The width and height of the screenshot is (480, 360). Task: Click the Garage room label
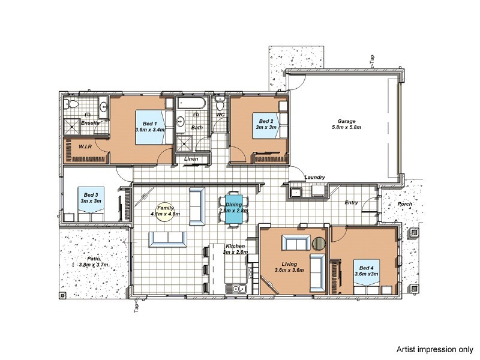346,121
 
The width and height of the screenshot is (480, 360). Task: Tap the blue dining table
234,209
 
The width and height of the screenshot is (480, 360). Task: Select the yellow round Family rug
166,212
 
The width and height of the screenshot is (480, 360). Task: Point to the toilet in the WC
219,103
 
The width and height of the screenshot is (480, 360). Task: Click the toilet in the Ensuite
71,104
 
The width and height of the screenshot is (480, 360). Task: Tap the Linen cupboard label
191,159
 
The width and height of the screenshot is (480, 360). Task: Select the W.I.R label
85,146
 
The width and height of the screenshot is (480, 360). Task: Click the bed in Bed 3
91,204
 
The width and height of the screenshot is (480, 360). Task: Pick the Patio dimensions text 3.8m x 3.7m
94,265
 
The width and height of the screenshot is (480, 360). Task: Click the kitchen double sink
236,289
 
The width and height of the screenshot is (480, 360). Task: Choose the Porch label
404,204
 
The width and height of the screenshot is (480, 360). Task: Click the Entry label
351,202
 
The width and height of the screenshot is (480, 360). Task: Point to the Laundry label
314,177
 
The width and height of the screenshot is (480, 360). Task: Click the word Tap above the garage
372,58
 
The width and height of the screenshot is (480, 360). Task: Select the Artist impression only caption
434,349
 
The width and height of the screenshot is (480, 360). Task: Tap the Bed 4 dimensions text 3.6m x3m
367,274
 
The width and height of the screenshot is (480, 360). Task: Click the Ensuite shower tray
71,127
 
